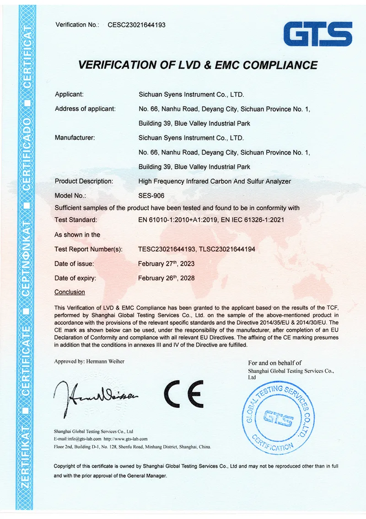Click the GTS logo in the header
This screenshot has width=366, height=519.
(x=318, y=34)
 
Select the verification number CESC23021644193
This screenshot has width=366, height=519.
(x=136, y=25)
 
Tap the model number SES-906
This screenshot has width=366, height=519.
(x=148, y=195)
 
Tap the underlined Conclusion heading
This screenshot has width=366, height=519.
(x=70, y=292)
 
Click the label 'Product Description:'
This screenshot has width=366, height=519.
(x=84, y=181)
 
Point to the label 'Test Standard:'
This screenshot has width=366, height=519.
(x=75, y=220)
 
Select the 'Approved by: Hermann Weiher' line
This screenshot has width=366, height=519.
(x=89, y=361)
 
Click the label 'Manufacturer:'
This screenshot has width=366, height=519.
(x=75, y=138)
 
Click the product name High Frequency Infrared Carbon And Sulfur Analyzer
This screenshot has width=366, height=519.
(x=215, y=181)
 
